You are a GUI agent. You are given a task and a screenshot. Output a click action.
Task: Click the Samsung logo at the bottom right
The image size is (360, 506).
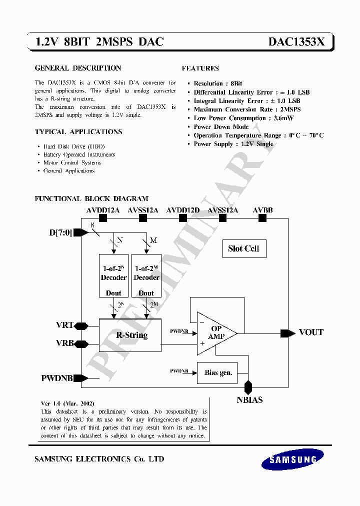point(292,459)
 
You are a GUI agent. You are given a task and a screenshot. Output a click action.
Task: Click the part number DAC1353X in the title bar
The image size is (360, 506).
point(296,42)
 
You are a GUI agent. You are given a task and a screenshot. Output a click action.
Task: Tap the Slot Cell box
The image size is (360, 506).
point(243,248)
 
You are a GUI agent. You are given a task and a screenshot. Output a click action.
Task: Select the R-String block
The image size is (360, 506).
point(130,335)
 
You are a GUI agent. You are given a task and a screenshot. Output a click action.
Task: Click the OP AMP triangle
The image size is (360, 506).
point(214,333)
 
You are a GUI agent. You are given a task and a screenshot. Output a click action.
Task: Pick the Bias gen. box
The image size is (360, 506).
point(218,372)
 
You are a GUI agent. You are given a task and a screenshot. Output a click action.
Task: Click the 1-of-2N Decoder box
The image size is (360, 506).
point(114,275)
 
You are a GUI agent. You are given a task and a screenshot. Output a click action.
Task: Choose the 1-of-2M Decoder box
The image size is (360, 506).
point(146,275)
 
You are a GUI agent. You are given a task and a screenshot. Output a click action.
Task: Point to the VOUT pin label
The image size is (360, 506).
point(311,332)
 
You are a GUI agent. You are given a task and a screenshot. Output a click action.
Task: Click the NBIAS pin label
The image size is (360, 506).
point(249,399)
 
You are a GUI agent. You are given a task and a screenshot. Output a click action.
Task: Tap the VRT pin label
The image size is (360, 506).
point(64,325)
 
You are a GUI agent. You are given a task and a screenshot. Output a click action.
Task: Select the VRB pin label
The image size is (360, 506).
point(64,343)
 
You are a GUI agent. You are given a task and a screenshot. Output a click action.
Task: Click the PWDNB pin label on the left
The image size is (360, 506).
point(57,378)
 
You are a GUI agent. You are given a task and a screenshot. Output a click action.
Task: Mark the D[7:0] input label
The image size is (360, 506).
point(60,232)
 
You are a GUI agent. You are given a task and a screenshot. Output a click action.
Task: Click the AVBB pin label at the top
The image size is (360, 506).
point(262,210)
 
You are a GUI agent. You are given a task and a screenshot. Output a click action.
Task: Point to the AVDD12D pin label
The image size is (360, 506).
point(183,210)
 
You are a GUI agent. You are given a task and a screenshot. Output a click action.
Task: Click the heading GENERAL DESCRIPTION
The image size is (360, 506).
point(77,68)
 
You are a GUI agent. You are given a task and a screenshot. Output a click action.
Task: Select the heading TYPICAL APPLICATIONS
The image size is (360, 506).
point(78,132)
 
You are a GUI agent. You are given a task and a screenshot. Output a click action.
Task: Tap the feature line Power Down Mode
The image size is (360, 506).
point(221,127)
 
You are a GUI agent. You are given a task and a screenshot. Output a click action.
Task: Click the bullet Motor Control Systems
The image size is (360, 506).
point(72,162)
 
